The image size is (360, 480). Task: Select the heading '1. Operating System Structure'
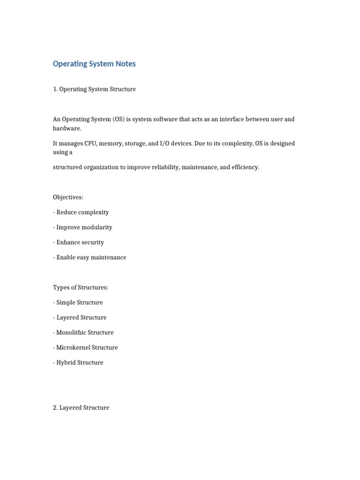[x=94, y=89]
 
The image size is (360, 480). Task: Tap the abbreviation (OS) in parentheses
[x=119, y=119]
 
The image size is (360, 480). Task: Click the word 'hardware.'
[x=67, y=128]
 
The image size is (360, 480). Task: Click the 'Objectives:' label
[x=68, y=197]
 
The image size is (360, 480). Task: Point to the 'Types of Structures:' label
[x=81, y=287]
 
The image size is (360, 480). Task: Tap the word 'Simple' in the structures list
[x=66, y=302]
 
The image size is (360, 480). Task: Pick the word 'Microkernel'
[x=73, y=347]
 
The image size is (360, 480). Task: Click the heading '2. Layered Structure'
[x=81, y=408]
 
